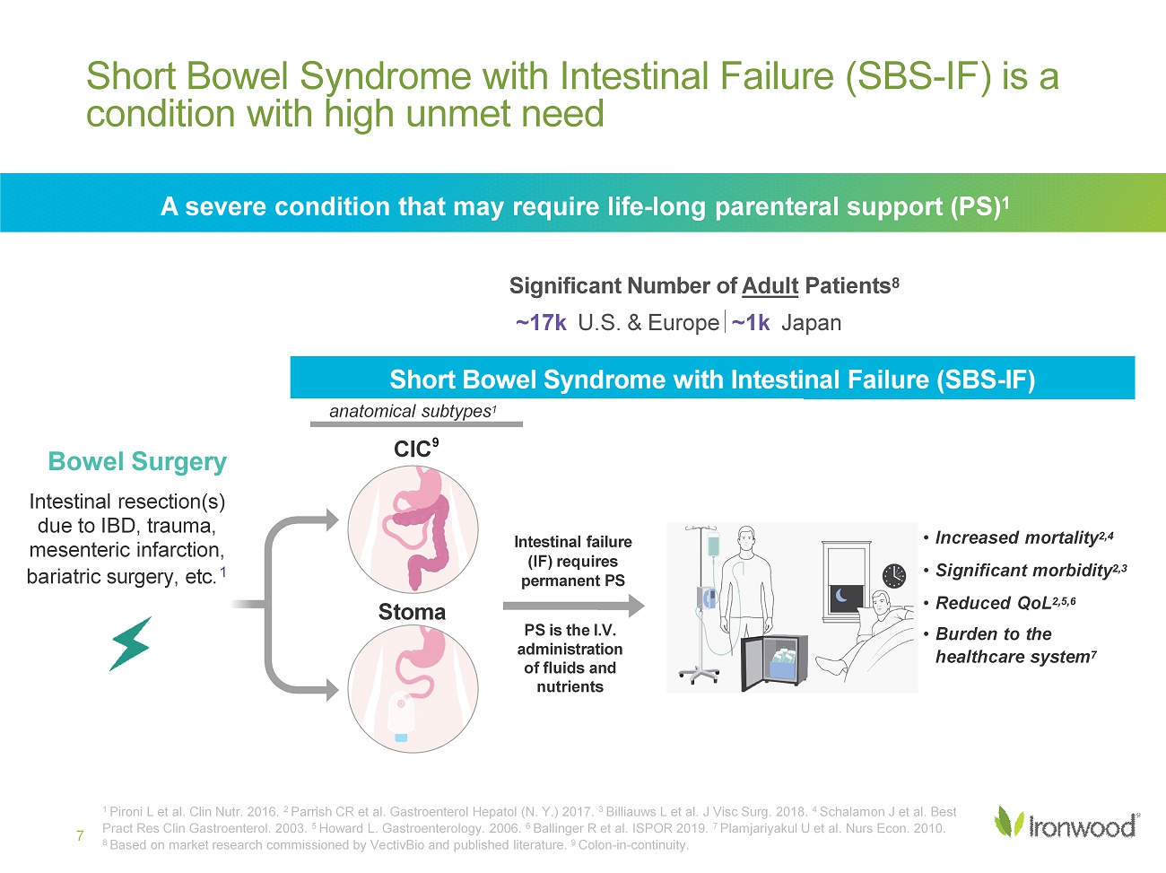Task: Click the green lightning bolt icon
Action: tap(131, 643)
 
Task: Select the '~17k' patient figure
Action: tap(541, 322)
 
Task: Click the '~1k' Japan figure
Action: tap(750, 322)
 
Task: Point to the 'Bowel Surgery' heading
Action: tap(137, 461)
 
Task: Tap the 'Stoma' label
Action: tap(412, 612)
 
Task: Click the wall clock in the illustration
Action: tap(894, 576)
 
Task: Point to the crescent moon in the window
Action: tap(841, 595)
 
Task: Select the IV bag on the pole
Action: tap(713, 546)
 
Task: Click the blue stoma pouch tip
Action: tap(401, 737)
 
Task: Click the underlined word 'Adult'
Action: tap(770, 286)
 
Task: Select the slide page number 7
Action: tap(80, 836)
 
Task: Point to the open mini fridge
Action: tap(775, 662)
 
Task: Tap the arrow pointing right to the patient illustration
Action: tap(574, 606)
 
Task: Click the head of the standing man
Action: tap(746, 539)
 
